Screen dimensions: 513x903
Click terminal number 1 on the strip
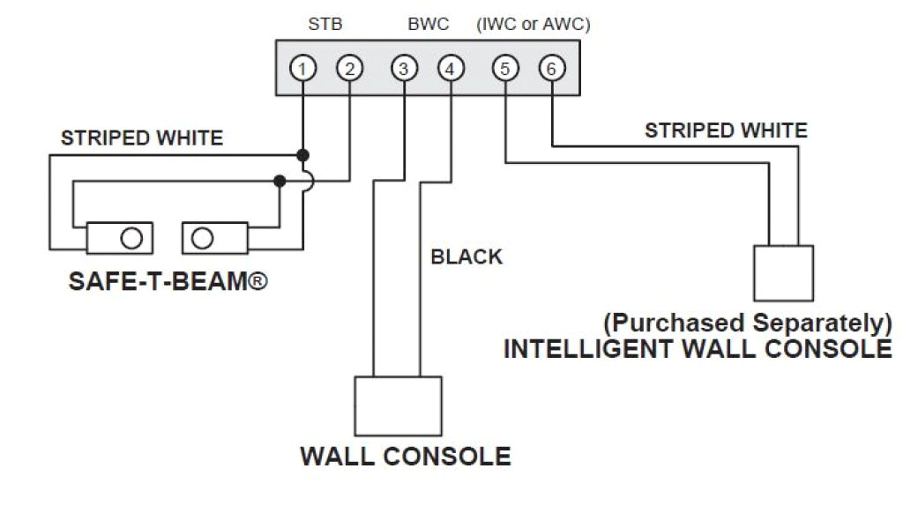point(302,69)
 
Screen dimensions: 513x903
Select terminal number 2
point(349,69)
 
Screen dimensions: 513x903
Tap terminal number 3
point(403,69)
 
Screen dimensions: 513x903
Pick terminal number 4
point(450,69)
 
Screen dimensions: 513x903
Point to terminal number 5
point(504,69)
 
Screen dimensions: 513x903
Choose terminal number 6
point(551,69)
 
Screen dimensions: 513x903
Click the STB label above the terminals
point(325,25)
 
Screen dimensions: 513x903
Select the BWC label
point(429,25)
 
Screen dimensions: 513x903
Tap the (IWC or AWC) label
point(533,25)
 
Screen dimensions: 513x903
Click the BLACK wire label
point(466,257)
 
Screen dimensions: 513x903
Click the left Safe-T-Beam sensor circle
point(131,238)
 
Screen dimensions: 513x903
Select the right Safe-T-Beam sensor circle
point(203,238)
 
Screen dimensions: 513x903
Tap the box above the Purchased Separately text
point(783,273)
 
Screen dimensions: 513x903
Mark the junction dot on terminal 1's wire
point(302,155)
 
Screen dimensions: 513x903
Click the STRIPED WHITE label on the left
point(142,138)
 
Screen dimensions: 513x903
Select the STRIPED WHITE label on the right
point(726,131)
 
